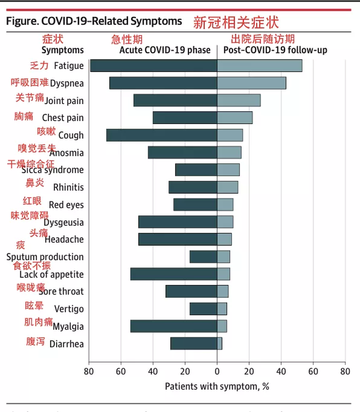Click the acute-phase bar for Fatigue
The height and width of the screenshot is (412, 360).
pyautogui.click(x=153, y=66)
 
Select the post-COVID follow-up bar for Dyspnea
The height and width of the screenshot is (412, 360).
pyautogui.click(x=251, y=83)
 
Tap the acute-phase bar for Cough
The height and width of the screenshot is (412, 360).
pyautogui.click(x=161, y=135)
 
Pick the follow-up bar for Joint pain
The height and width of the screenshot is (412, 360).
pyautogui.click(x=238, y=100)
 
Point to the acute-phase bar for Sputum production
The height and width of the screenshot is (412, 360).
pyautogui.click(x=203, y=257)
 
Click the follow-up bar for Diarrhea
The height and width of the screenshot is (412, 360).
pyautogui.click(x=219, y=343)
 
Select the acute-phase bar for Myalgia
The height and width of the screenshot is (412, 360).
pyautogui.click(x=173, y=326)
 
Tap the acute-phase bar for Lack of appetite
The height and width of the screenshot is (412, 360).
pyautogui.click(x=173, y=274)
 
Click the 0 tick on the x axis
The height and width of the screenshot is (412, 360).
pyautogui.click(x=217, y=371)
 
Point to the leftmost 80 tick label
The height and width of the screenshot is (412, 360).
pyautogui.click(x=89, y=371)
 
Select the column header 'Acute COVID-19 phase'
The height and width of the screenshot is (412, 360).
pyautogui.click(x=164, y=50)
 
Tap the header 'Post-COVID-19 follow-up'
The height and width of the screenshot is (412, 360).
pyautogui.click(x=275, y=50)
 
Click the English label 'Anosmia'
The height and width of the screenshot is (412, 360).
pyautogui.click(x=66, y=153)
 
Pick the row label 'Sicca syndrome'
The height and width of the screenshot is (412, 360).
pyautogui.click(x=52, y=170)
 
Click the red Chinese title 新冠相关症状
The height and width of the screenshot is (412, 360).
pyautogui.click(x=236, y=23)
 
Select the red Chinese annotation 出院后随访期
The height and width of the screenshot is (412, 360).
pyautogui.click(x=262, y=39)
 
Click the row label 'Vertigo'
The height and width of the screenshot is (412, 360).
pyautogui.click(x=69, y=309)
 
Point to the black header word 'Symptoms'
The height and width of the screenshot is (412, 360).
pyautogui.click(x=62, y=50)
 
